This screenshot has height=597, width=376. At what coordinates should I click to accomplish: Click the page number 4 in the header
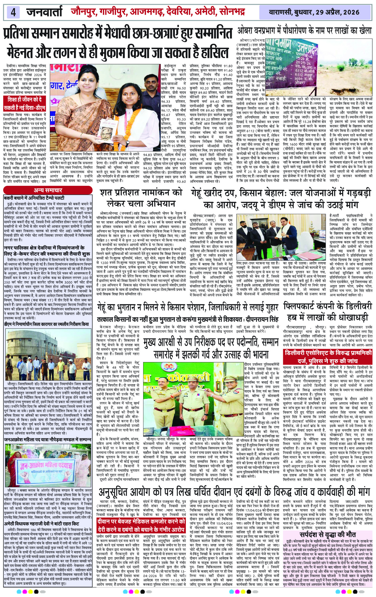coord(13,12)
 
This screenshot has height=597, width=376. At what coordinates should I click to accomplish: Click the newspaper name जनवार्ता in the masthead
coord(44,12)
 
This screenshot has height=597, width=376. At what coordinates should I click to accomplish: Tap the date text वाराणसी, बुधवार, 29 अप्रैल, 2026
coord(316,12)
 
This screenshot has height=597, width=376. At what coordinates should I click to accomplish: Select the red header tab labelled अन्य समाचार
coord(48,190)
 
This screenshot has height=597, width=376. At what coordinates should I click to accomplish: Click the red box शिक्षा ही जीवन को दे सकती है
coord(24,104)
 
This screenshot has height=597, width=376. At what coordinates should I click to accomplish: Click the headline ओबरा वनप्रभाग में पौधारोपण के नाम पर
coord(304,31)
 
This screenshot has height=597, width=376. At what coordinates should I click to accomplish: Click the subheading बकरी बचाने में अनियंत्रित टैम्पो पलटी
coord(34,198)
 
